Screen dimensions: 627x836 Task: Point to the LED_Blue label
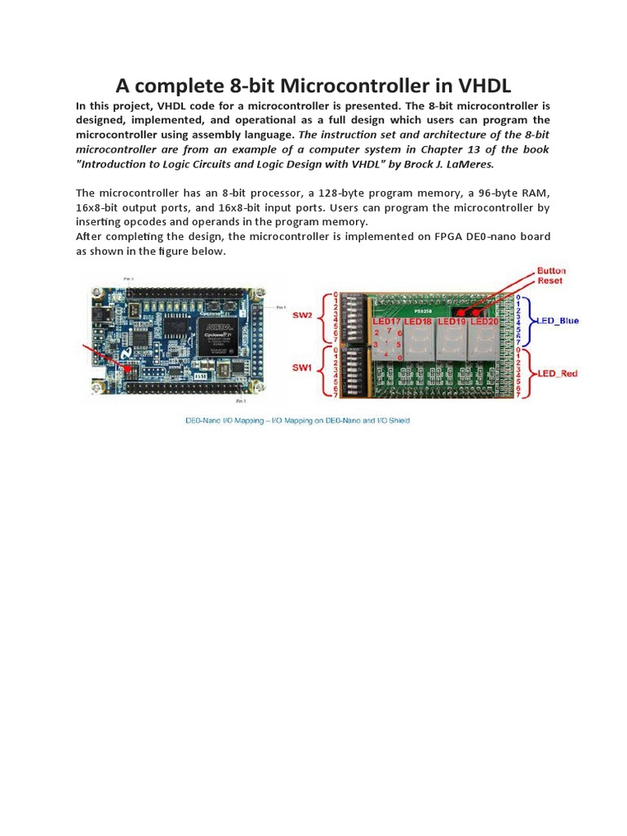558,321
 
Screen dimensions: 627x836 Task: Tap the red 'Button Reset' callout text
552,276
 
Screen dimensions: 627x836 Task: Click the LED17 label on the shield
387,322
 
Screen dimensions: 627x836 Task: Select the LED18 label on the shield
417,322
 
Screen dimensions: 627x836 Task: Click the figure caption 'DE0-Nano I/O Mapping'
296,421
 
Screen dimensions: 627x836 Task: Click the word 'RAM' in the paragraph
535,193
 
